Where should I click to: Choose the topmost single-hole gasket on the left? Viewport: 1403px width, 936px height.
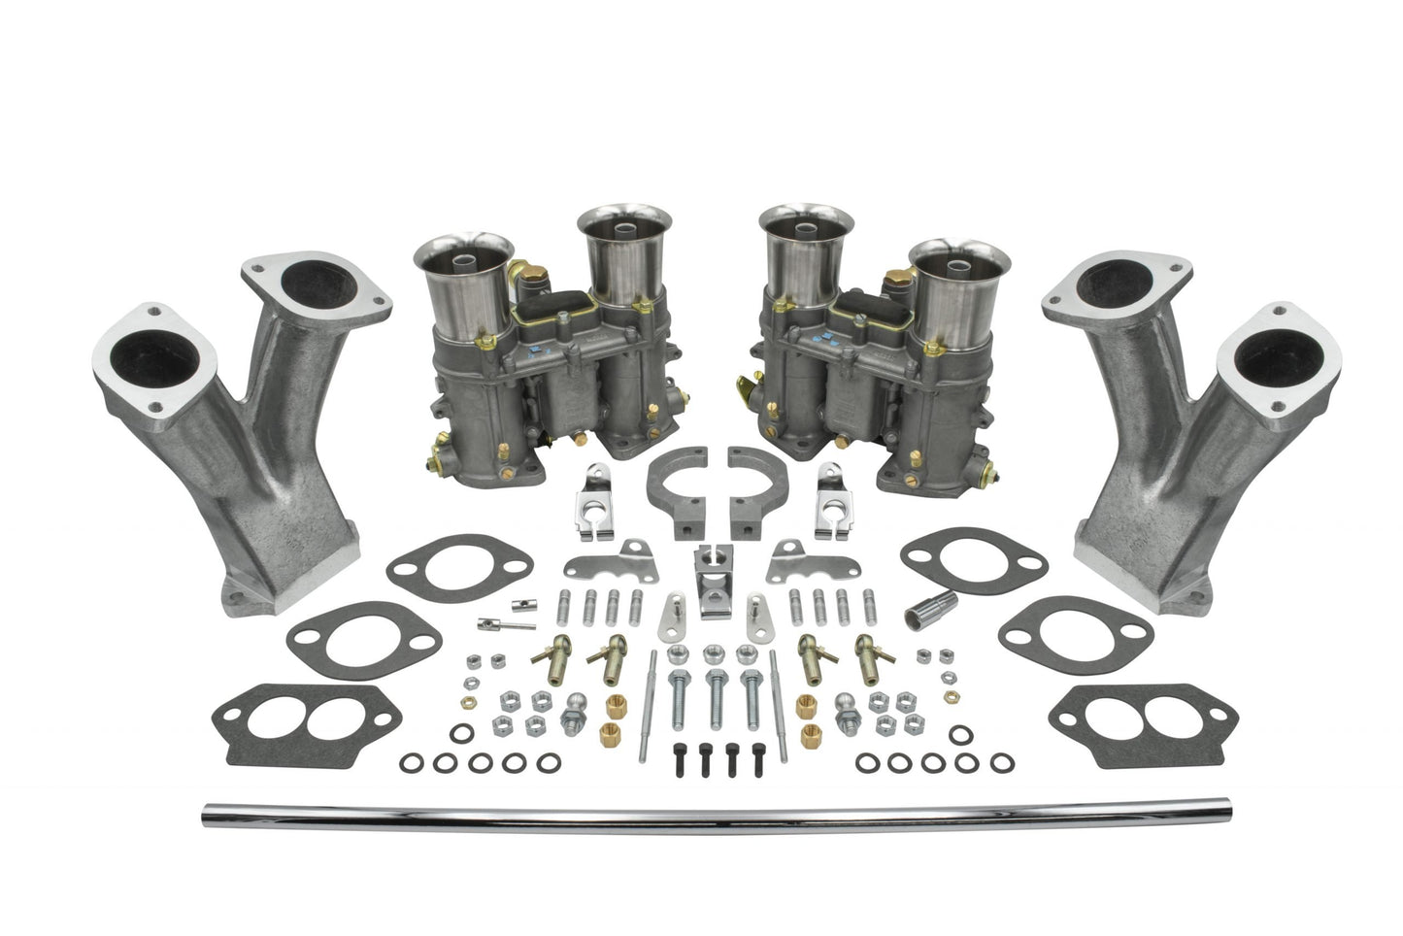click(458, 562)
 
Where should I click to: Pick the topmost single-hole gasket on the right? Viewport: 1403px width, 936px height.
click(973, 562)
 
